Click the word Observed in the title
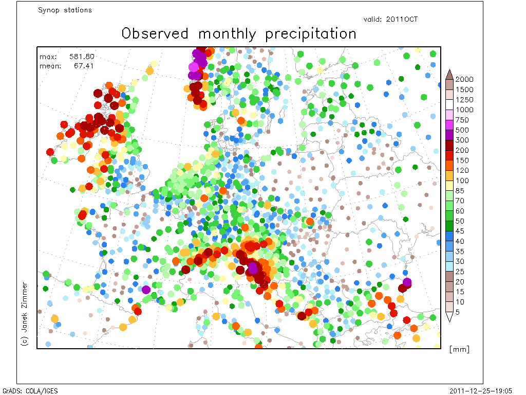pyautogui.click(x=155, y=33)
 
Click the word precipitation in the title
pyautogui.click(x=311, y=34)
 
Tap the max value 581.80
pyautogui.click(x=82, y=57)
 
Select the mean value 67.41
pyautogui.click(x=84, y=66)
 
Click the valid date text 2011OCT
pyautogui.click(x=402, y=19)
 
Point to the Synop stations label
pyautogui.click(x=65, y=10)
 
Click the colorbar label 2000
pyautogui.click(x=464, y=79)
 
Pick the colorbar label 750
pyautogui.click(x=462, y=120)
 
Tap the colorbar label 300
pyautogui.click(x=462, y=140)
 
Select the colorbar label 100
pyautogui.click(x=462, y=181)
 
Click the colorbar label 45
pyautogui.click(x=460, y=231)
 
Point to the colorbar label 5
pyautogui.click(x=457, y=312)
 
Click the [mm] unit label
pyautogui.click(x=459, y=349)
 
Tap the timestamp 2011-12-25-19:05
pyautogui.click(x=481, y=391)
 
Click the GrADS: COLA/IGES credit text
pyautogui.click(x=30, y=391)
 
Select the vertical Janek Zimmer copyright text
pyautogui.click(x=25, y=314)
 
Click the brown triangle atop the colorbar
pyautogui.click(x=449, y=74)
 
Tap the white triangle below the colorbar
pyautogui.click(x=449, y=317)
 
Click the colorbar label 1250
pyautogui.click(x=464, y=100)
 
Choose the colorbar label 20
pyautogui.click(x=460, y=282)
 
